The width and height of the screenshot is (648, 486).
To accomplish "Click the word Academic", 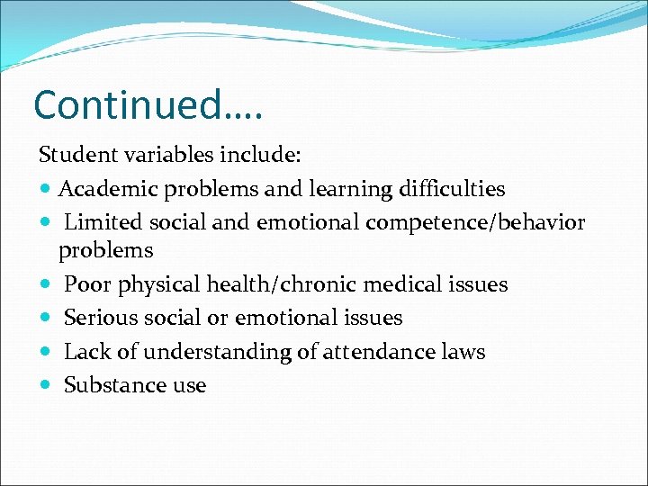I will pyautogui.click(x=109, y=189).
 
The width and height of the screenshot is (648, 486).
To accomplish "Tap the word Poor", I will pyautogui.click(x=86, y=284).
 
